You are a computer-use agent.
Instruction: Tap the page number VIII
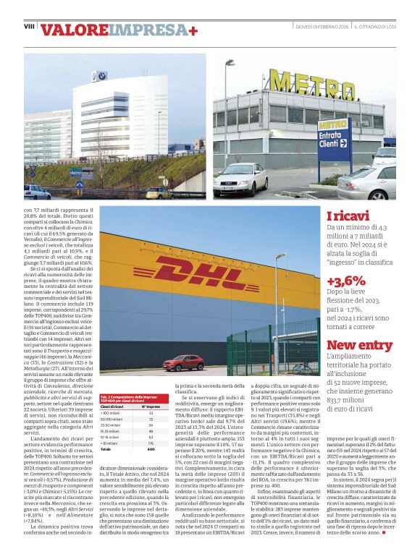pos(29,26)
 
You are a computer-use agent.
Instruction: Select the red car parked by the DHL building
pos(183,362)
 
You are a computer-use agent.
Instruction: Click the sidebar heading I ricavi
pos(347,216)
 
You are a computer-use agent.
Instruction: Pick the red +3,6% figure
pos(345,281)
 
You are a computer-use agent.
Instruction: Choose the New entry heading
pos(359,345)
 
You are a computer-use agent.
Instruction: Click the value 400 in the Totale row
pos(151,449)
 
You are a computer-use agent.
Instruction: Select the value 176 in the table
pos(151,443)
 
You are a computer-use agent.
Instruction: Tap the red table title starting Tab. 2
pos(134,399)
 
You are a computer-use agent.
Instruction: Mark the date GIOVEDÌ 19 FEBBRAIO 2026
pos(322,27)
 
